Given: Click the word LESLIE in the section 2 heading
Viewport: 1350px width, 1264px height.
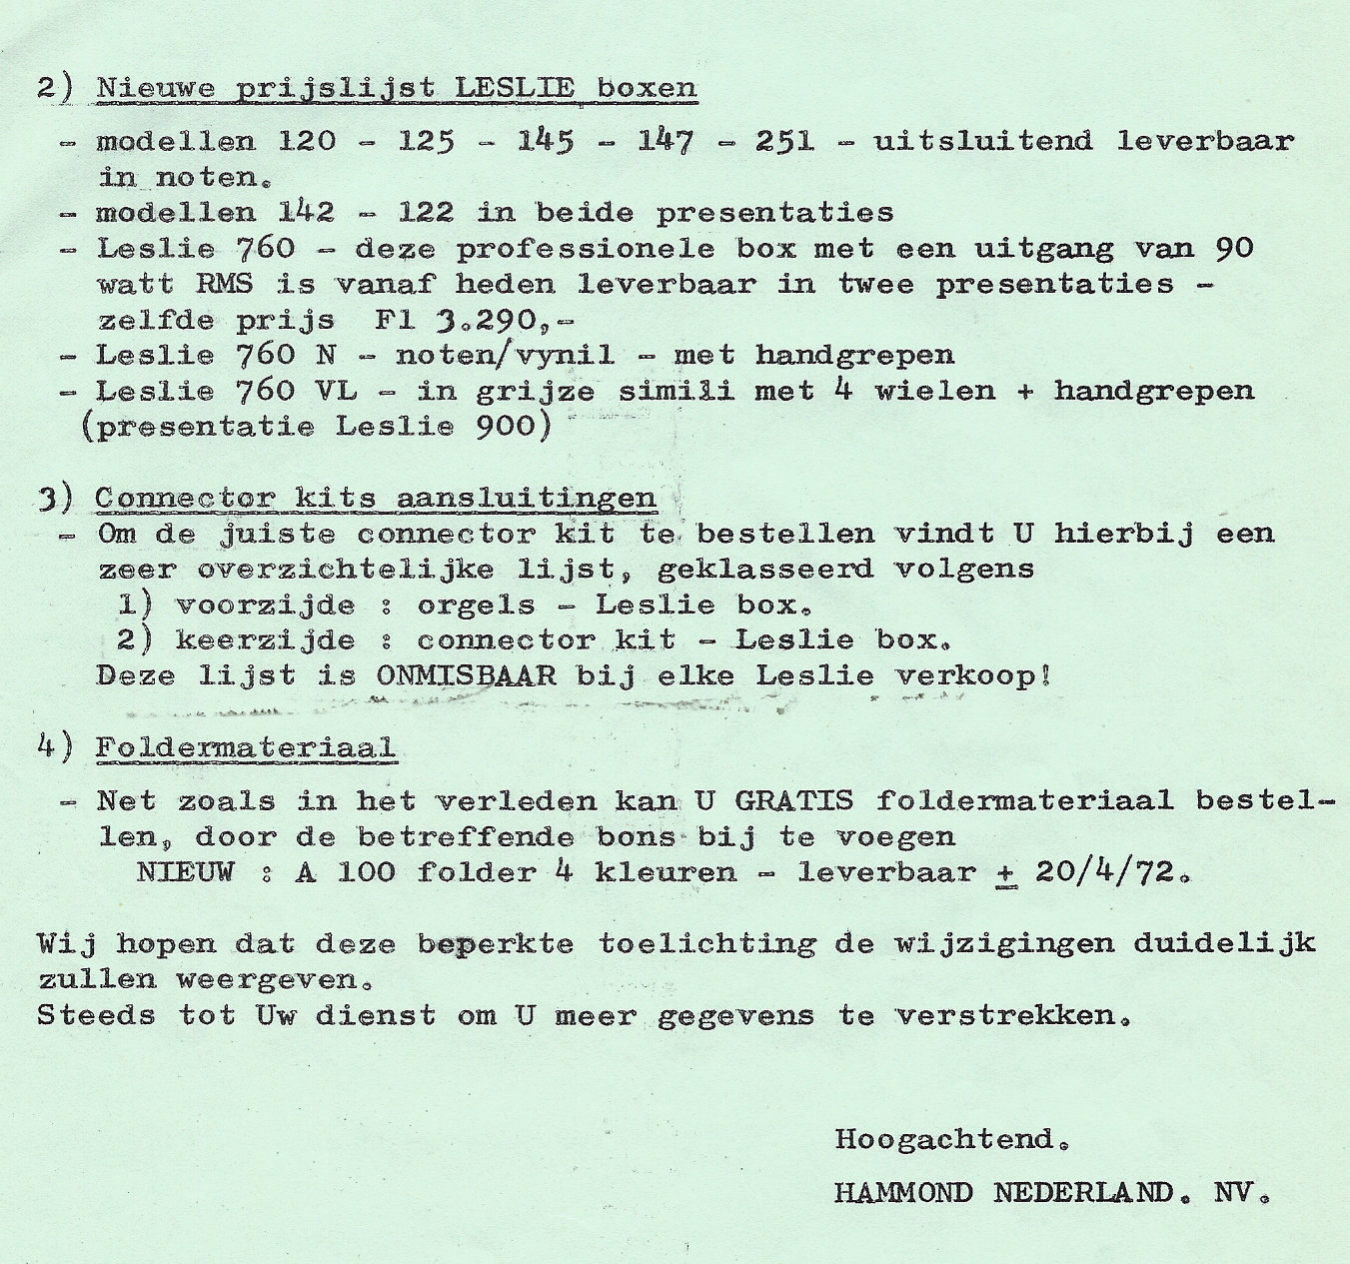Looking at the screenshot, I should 515,87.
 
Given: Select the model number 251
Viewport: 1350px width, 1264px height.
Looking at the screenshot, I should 784,142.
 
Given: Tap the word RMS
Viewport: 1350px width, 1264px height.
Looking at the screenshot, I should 225,285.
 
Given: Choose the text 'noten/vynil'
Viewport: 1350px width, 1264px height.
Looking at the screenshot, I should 505,356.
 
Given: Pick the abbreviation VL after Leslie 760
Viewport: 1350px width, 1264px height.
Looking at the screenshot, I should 336,392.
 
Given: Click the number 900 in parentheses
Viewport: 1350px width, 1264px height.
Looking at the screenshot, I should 514,428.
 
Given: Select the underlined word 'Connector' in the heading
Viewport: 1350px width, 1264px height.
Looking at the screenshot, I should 185,498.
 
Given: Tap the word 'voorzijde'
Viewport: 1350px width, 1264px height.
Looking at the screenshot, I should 265,606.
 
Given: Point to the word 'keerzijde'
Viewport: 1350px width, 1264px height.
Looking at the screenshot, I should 265,640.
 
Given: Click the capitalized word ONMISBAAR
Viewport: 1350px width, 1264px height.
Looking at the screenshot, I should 466,676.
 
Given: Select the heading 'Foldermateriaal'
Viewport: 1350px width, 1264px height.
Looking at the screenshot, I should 246,747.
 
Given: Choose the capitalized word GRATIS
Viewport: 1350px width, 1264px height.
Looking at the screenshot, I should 794,801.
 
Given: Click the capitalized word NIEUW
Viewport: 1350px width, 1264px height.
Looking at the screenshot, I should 185,872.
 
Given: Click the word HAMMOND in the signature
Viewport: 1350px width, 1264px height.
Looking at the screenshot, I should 903,1193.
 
